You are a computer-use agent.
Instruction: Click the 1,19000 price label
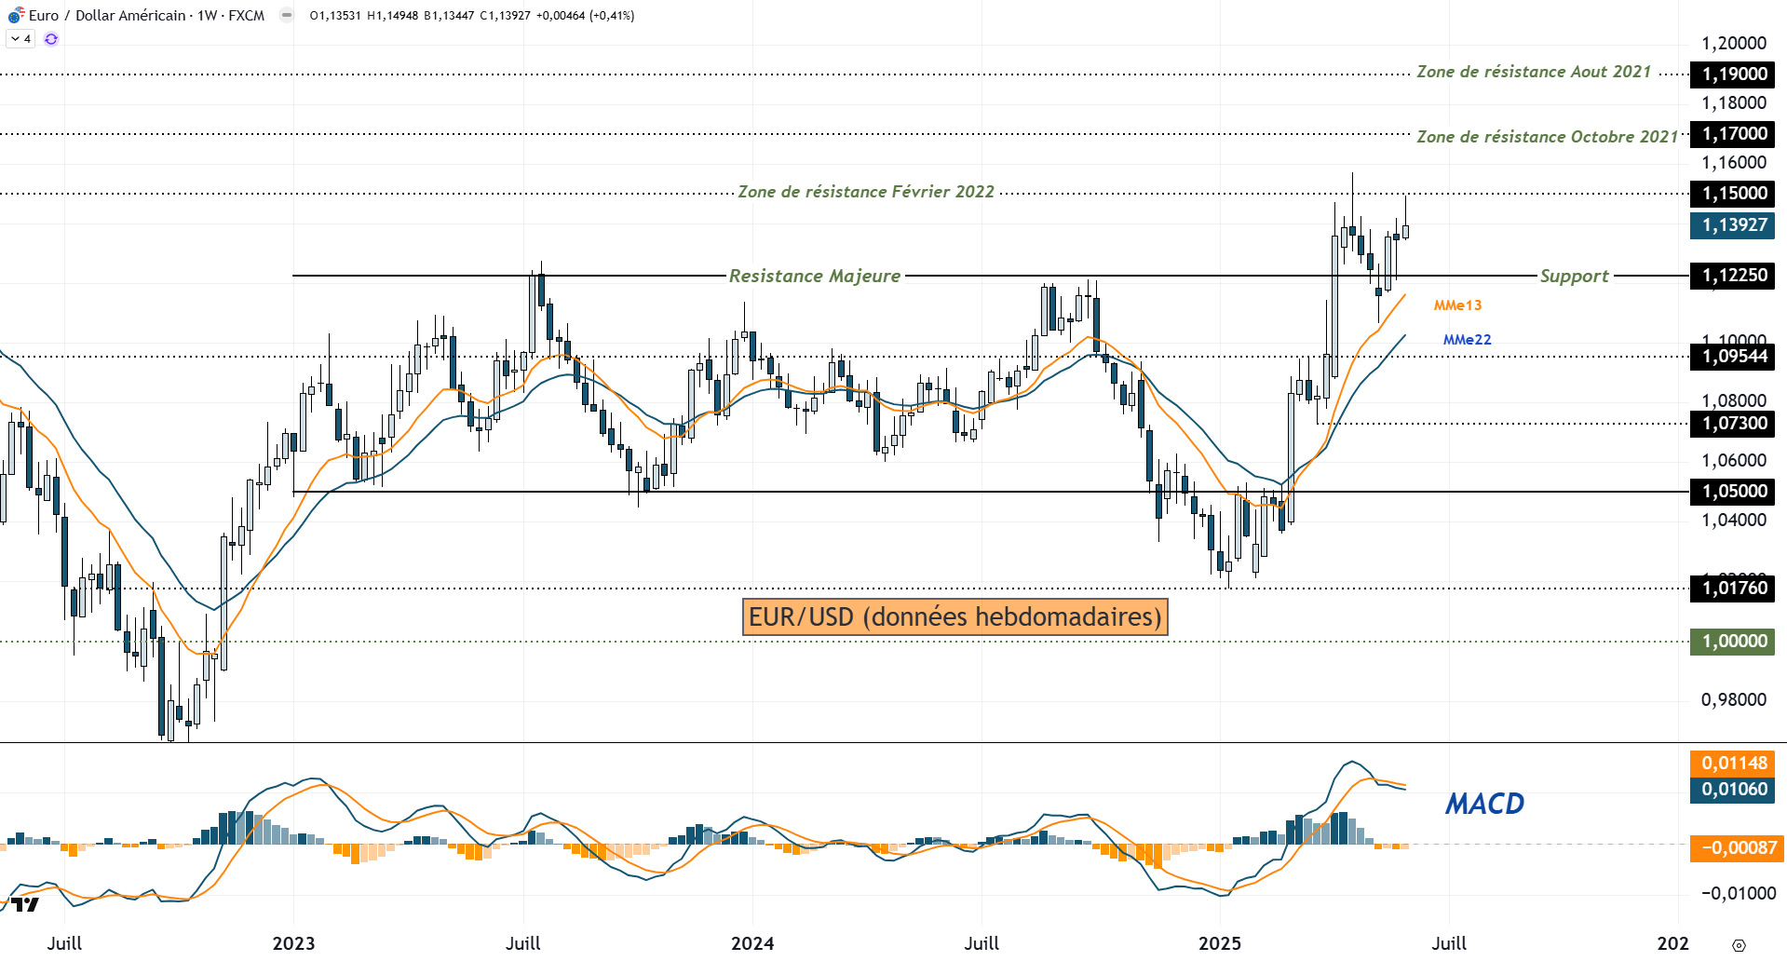pyautogui.click(x=1733, y=74)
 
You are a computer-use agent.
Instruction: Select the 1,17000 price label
pyautogui.click(x=1733, y=134)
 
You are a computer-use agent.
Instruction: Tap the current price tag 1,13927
pyautogui.click(x=1733, y=225)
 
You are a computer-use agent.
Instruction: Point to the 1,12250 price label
pyautogui.click(x=1733, y=276)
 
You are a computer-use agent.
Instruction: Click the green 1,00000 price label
pyautogui.click(x=1733, y=642)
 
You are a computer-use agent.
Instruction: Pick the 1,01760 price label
pyautogui.click(x=1733, y=589)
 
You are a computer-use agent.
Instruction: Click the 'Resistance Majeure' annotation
pyautogui.click(x=814, y=276)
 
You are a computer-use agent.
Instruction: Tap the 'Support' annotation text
pyautogui.click(x=1574, y=276)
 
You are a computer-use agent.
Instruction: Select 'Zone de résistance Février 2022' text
pyautogui.click(x=866, y=192)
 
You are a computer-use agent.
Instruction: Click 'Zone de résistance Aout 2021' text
pyautogui.click(x=1533, y=72)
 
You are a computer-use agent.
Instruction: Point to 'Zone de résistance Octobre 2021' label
pyautogui.click(x=1547, y=137)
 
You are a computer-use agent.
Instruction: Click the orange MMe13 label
pyautogui.click(x=1457, y=305)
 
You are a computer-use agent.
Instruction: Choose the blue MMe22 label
pyautogui.click(x=1467, y=340)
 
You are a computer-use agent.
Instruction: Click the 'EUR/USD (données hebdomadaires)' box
pyautogui.click(x=954, y=616)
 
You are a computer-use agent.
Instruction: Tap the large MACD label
pyautogui.click(x=1484, y=804)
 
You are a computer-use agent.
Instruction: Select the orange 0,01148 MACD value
pyautogui.click(x=1733, y=764)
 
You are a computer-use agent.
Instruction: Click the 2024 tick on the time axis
pyautogui.click(x=751, y=943)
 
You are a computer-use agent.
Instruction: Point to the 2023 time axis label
pyautogui.click(x=293, y=943)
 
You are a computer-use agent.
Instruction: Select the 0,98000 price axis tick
pyautogui.click(x=1733, y=700)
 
